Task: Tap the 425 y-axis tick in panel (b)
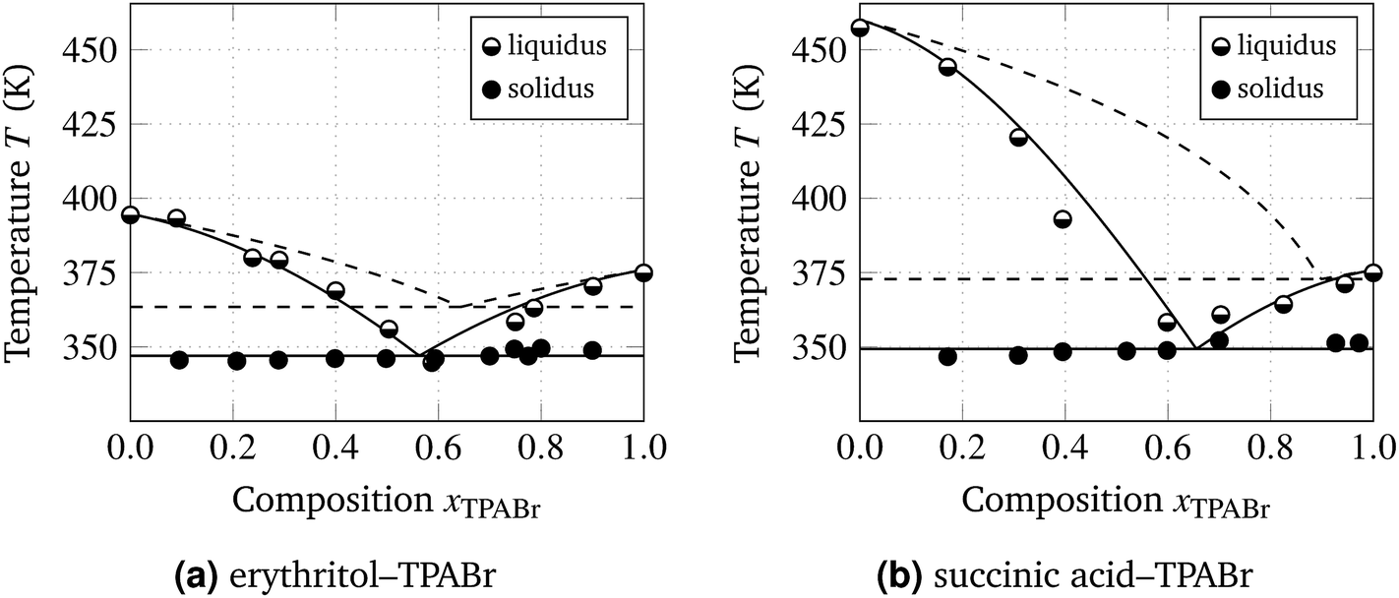pyautogui.click(x=822, y=124)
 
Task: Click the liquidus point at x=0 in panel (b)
pyautogui.click(x=860, y=28)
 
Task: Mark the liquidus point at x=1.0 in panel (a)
pyautogui.click(x=643, y=272)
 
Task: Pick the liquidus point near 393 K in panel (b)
pyautogui.click(x=1063, y=219)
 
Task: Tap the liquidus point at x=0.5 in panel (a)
pyautogui.click(x=388, y=329)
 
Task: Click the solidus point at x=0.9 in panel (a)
pyautogui.click(x=592, y=350)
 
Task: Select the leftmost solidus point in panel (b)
pyautogui.click(x=947, y=356)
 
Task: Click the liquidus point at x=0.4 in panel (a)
pyautogui.click(x=335, y=290)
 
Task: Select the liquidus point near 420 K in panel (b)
pyautogui.click(x=1018, y=138)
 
